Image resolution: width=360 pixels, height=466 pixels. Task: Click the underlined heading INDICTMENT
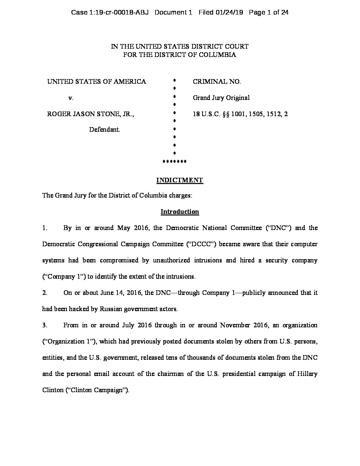pyautogui.click(x=179, y=180)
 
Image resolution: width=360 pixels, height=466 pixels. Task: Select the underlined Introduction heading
pyautogui.click(x=180, y=211)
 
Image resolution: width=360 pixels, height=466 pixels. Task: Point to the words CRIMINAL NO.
pyautogui.click(x=217, y=81)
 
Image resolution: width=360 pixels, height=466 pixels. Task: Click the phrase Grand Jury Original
pyautogui.click(x=221, y=98)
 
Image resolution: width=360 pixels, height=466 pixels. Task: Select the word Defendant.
pyautogui.click(x=105, y=129)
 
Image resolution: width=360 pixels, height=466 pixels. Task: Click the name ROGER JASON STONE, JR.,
pyautogui.click(x=91, y=114)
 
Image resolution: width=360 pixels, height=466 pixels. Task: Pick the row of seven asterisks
pyautogui.click(x=174, y=162)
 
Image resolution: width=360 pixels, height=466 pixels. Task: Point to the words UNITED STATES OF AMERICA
pyautogui.click(x=97, y=81)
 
